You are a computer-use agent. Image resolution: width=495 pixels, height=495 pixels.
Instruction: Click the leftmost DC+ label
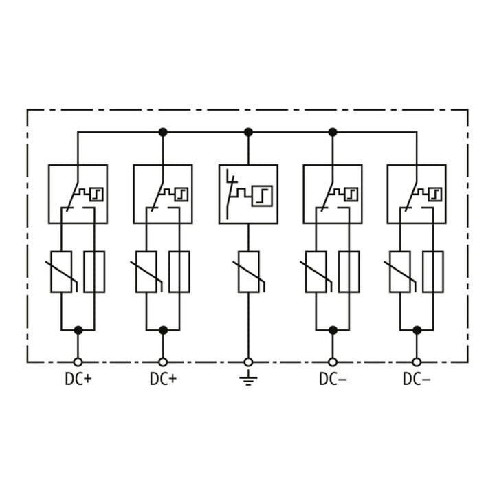point(78,379)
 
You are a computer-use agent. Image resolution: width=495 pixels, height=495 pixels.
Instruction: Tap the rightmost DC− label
point(417,379)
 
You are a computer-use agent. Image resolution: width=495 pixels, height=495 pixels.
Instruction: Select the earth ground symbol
point(248,378)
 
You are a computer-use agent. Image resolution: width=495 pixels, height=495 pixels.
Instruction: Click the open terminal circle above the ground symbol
point(248,362)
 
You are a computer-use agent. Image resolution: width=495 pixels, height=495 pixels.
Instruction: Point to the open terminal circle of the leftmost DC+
point(78,362)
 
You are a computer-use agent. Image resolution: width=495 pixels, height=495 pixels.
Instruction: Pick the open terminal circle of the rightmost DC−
point(417,362)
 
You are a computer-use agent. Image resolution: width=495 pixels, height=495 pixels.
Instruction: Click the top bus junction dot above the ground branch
point(248,132)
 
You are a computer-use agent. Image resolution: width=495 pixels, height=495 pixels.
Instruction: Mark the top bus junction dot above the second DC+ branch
point(163,132)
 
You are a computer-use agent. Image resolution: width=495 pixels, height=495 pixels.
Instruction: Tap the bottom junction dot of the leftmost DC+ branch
point(78,331)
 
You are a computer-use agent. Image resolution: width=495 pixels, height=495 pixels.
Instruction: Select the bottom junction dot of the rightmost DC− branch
point(417,331)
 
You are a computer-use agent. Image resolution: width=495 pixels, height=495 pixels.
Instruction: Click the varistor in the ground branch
point(249,272)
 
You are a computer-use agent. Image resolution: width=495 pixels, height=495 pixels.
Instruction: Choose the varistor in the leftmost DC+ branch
point(61,272)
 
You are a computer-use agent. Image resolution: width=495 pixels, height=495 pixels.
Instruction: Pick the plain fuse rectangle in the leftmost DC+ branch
point(94,272)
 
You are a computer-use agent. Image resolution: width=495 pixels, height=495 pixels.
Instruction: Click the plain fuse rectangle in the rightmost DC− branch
point(433,272)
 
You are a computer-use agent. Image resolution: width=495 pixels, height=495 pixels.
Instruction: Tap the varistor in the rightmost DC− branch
point(400,272)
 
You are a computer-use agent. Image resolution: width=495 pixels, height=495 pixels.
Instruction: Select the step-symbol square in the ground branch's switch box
point(262,196)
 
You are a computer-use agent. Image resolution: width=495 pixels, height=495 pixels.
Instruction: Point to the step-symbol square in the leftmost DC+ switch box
point(97,195)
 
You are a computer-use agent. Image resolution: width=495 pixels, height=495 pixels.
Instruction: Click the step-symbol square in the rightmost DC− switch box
point(435,195)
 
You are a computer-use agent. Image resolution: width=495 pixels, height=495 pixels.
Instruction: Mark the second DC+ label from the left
point(163,379)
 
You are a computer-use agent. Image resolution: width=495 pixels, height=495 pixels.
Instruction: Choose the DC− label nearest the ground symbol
point(333,379)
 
